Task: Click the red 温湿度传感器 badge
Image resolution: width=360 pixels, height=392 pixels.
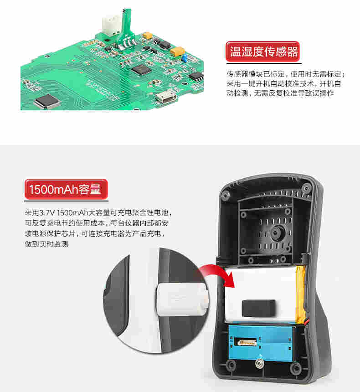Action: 262,52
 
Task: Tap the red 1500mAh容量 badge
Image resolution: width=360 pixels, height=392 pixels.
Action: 66,189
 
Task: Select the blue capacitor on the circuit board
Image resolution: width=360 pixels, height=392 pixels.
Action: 185,58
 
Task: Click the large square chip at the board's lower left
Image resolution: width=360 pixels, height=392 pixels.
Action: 47,101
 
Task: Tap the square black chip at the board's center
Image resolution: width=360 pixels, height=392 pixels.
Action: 142,69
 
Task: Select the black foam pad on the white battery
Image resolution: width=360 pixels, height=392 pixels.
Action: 259,308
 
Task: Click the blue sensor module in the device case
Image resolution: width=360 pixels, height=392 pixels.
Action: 261,343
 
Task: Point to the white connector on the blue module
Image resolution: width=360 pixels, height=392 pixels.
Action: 247,342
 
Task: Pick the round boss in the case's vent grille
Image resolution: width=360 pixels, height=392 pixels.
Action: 275,233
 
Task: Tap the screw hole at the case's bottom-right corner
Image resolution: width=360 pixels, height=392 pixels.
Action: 295,368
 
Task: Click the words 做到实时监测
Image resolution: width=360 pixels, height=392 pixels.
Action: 46,244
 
